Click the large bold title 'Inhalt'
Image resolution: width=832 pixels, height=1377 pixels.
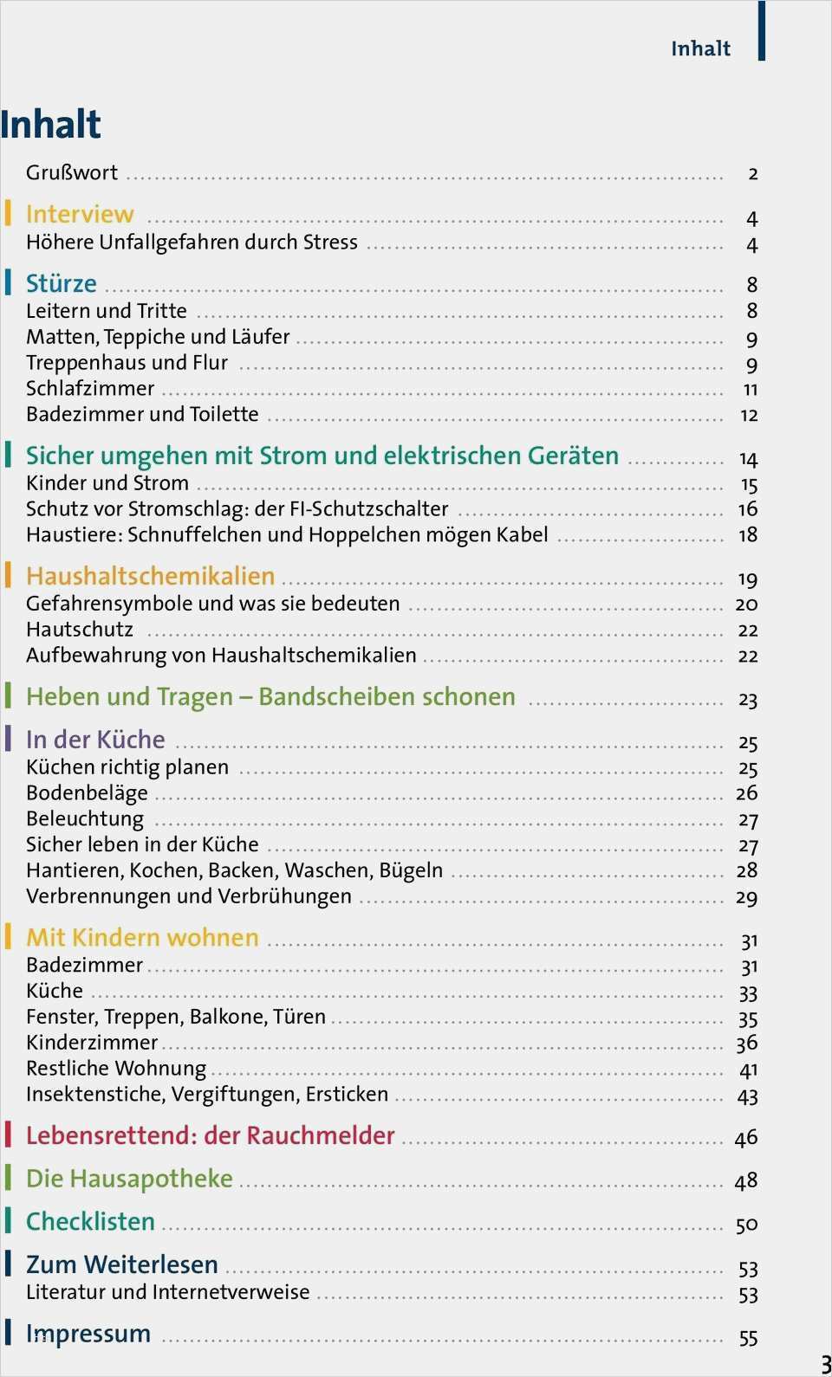(x=50, y=125)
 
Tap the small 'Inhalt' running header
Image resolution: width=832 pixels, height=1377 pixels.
(x=700, y=49)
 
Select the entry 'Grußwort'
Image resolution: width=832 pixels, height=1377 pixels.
(x=72, y=172)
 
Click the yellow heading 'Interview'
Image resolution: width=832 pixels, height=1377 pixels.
(x=80, y=214)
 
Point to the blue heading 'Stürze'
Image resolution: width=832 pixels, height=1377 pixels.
(x=62, y=283)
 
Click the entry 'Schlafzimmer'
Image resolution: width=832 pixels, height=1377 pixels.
(x=90, y=388)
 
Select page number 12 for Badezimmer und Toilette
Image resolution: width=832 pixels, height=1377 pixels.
(x=749, y=416)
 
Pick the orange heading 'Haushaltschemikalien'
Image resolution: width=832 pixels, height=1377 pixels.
(x=150, y=576)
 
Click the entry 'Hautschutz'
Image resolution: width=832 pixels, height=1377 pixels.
(x=80, y=630)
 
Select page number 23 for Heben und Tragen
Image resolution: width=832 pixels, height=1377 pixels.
(x=748, y=700)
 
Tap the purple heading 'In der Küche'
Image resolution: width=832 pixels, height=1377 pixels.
(x=95, y=740)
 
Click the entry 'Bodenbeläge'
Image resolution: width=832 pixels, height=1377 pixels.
(x=87, y=793)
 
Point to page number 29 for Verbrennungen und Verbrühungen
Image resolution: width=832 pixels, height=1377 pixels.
(x=747, y=898)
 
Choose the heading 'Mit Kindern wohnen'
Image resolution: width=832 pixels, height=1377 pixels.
(x=142, y=938)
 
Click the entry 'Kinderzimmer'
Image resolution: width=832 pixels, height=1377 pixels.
(x=92, y=1043)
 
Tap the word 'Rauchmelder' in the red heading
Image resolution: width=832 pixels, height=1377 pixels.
(x=331, y=1135)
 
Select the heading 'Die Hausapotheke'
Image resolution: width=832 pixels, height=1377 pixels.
(x=129, y=1179)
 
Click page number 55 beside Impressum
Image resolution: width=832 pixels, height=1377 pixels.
(x=748, y=1339)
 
